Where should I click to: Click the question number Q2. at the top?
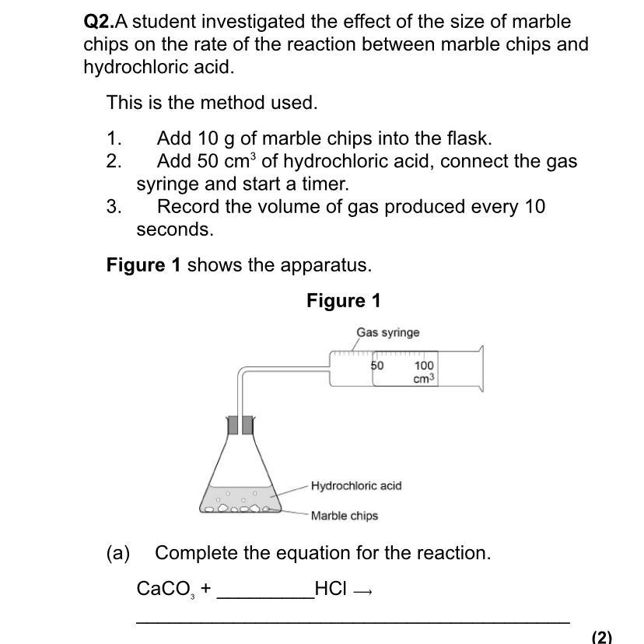(99, 22)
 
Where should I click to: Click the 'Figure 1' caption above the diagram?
(343, 301)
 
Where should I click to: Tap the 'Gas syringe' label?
(387, 332)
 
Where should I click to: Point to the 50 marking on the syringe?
(377, 365)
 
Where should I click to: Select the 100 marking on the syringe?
(424, 365)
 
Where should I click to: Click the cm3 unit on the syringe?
(424, 379)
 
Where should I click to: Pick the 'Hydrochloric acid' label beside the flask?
(356, 485)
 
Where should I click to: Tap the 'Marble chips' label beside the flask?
(344, 516)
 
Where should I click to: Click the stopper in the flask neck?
(240, 425)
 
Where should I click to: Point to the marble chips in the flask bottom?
(239, 508)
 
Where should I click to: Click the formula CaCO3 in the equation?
(165, 589)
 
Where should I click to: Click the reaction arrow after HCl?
(362, 591)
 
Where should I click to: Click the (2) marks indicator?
(601, 637)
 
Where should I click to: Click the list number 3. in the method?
(114, 207)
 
